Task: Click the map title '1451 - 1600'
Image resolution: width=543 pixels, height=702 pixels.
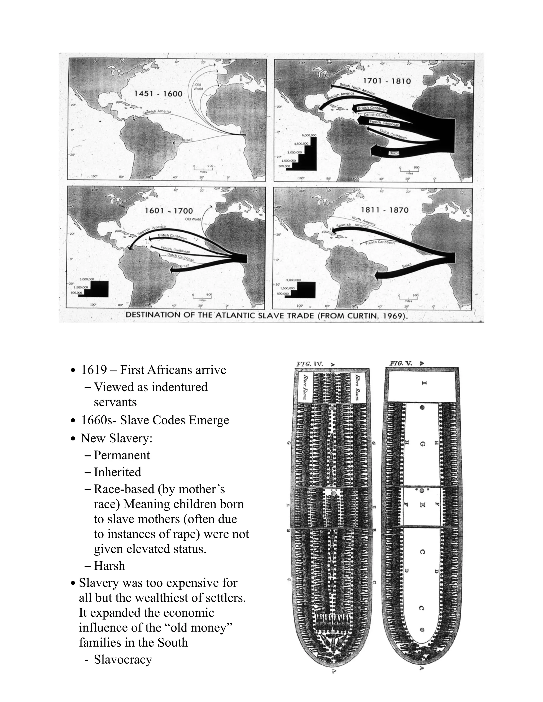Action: [158, 94]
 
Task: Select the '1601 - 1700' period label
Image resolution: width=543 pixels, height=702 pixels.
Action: [169, 211]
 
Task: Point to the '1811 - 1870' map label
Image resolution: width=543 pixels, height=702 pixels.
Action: [384, 210]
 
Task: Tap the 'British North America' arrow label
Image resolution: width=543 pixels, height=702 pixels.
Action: [357, 89]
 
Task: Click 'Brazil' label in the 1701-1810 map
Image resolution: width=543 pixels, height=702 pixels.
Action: [394, 153]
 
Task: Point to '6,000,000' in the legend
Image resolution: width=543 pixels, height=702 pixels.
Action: [309, 135]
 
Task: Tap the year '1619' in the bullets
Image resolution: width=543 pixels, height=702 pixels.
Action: [94, 370]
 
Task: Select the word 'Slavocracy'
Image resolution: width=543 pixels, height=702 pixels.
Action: [123, 660]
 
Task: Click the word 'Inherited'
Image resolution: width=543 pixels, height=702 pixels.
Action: [117, 472]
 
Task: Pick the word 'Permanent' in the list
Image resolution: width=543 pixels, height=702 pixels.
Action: [122, 455]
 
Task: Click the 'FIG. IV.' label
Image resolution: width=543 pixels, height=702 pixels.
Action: [309, 364]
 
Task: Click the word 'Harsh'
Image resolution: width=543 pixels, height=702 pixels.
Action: [110, 566]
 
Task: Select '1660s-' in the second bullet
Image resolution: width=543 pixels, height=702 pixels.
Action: [99, 420]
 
